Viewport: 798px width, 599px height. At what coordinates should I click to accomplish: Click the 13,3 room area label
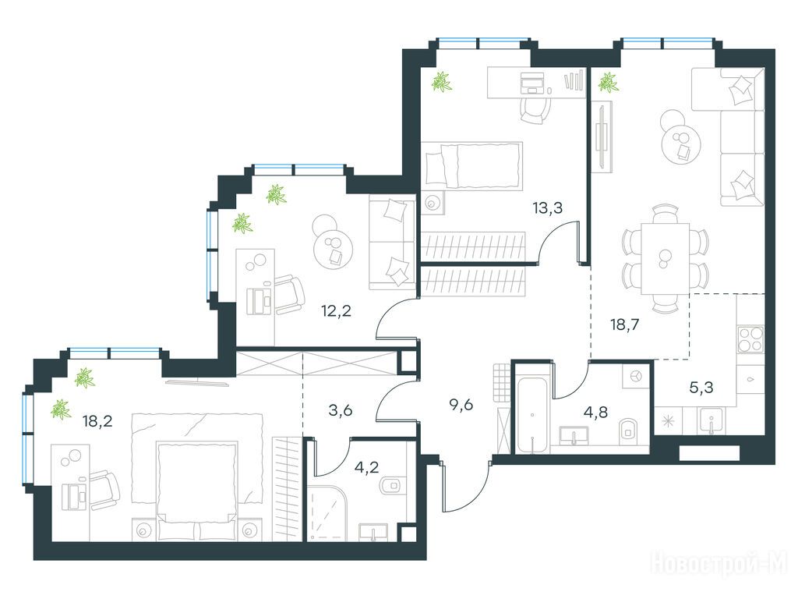tap(548, 207)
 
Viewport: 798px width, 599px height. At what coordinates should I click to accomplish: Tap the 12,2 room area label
tap(337, 310)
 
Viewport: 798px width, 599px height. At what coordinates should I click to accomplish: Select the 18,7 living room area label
tap(624, 324)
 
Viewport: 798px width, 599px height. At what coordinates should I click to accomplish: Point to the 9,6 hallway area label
tap(461, 405)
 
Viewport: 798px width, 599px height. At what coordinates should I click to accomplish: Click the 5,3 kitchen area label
tap(701, 388)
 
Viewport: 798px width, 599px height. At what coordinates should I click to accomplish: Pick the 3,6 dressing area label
tap(341, 410)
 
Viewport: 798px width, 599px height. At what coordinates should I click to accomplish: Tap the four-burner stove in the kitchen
tap(750, 339)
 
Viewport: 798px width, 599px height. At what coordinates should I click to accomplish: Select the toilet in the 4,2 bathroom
tap(392, 485)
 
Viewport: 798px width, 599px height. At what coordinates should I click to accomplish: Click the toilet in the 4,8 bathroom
tap(630, 428)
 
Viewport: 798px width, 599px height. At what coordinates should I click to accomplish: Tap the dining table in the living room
tap(665, 259)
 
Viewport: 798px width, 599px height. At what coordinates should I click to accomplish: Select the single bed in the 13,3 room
tap(471, 165)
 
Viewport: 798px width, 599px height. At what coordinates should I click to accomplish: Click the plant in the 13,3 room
tap(441, 81)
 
